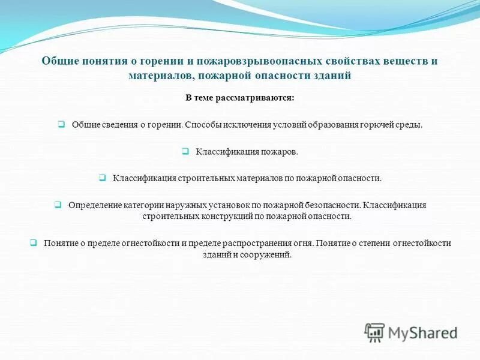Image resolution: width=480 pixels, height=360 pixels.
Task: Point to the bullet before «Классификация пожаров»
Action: pos(185,152)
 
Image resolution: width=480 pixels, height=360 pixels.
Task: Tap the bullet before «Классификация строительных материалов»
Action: pos(103,178)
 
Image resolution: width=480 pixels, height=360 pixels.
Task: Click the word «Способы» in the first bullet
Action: pos(200,125)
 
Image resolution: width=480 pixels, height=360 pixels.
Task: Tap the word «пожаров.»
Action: pos(279,152)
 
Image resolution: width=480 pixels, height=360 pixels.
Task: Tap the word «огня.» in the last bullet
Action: pos(304,243)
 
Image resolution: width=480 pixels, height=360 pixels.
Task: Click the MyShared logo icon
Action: pos(374,332)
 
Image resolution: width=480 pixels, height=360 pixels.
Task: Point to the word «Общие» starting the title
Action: pos(57,61)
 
